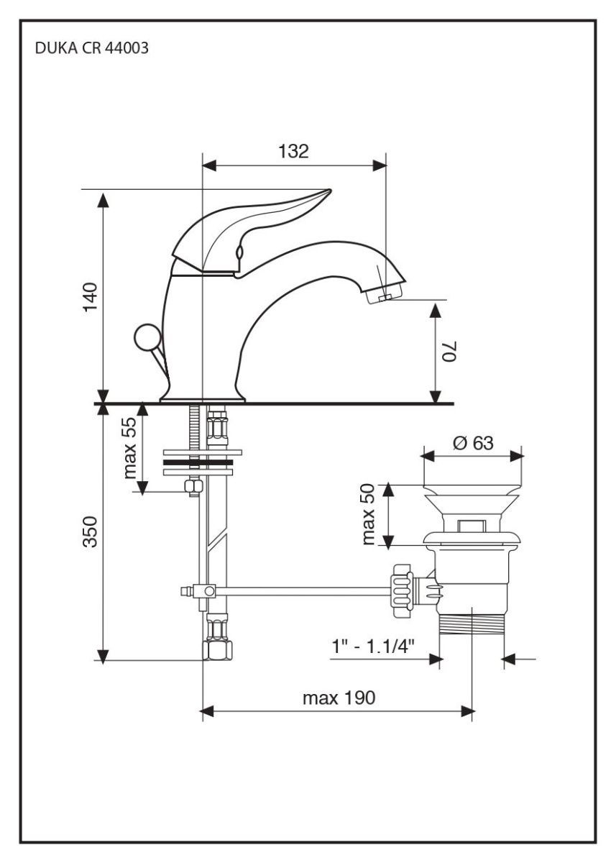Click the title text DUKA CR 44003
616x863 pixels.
[91, 51]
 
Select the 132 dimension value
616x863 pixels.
[293, 151]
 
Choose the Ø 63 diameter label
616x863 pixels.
[473, 442]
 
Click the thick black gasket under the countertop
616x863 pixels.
[199, 462]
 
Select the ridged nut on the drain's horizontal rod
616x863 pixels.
[400, 590]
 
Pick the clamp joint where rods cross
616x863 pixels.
[208, 591]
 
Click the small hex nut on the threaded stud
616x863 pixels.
[193, 487]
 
